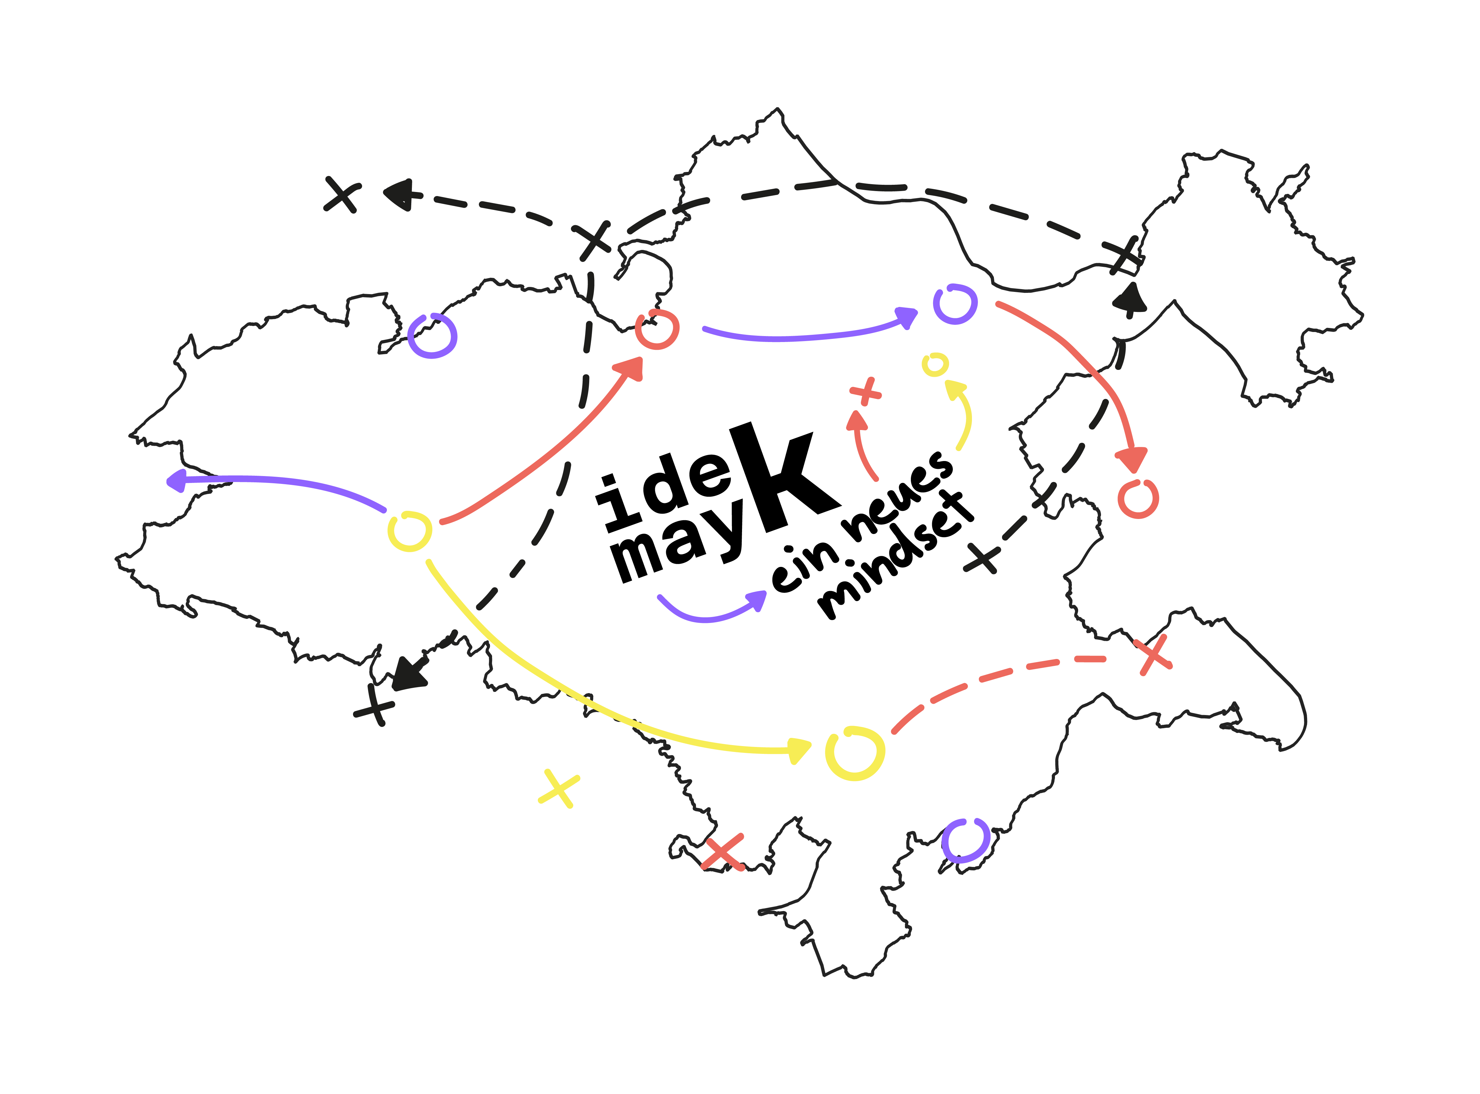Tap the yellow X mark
[558, 788]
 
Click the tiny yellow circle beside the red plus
[935, 364]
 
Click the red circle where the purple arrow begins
[657, 329]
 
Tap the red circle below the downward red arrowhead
[1138, 498]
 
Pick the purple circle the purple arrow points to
[955, 304]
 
